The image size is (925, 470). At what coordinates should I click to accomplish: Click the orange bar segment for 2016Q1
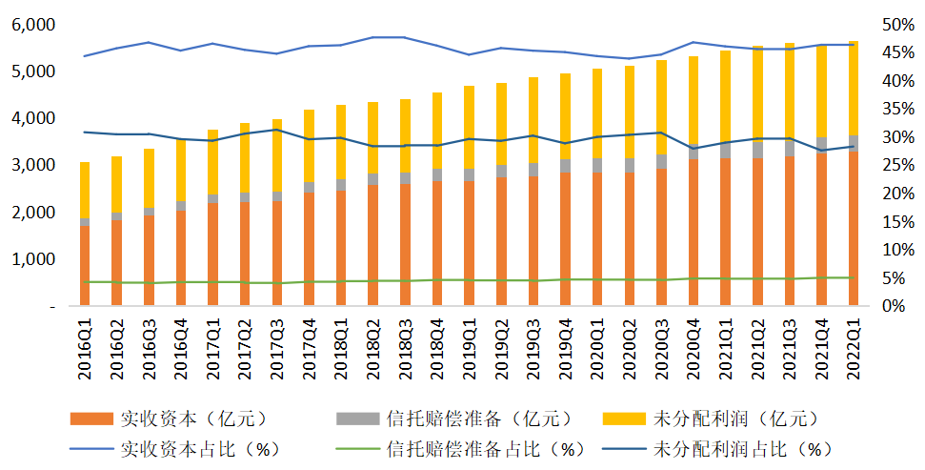point(86,266)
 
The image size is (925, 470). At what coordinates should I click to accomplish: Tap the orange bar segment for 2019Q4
point(565,239)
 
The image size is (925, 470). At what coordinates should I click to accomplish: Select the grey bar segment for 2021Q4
point(821,145)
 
